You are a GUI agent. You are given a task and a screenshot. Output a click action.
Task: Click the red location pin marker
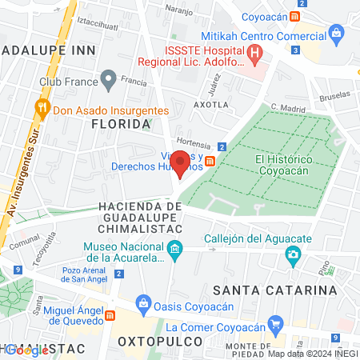click(181, 162)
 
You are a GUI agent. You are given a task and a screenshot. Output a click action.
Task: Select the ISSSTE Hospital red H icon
click(255, 54)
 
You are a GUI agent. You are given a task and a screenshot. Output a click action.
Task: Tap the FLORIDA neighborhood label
click(121, 124)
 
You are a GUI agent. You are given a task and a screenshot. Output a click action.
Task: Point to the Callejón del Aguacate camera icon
click(294, 255)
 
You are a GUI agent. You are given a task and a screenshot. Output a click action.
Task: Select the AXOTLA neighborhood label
click(211, 104)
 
